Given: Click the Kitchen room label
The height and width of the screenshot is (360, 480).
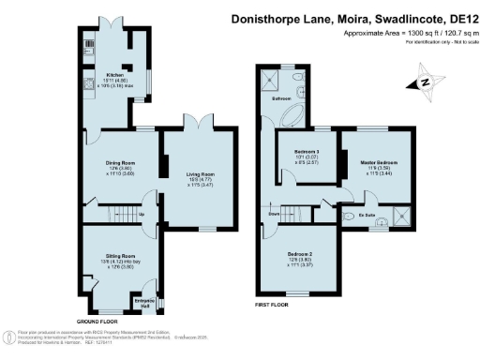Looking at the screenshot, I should (115, 74).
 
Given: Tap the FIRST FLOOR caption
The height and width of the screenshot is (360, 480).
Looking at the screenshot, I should (273, 306).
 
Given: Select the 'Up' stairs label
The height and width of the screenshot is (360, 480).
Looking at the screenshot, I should (142, 214).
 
